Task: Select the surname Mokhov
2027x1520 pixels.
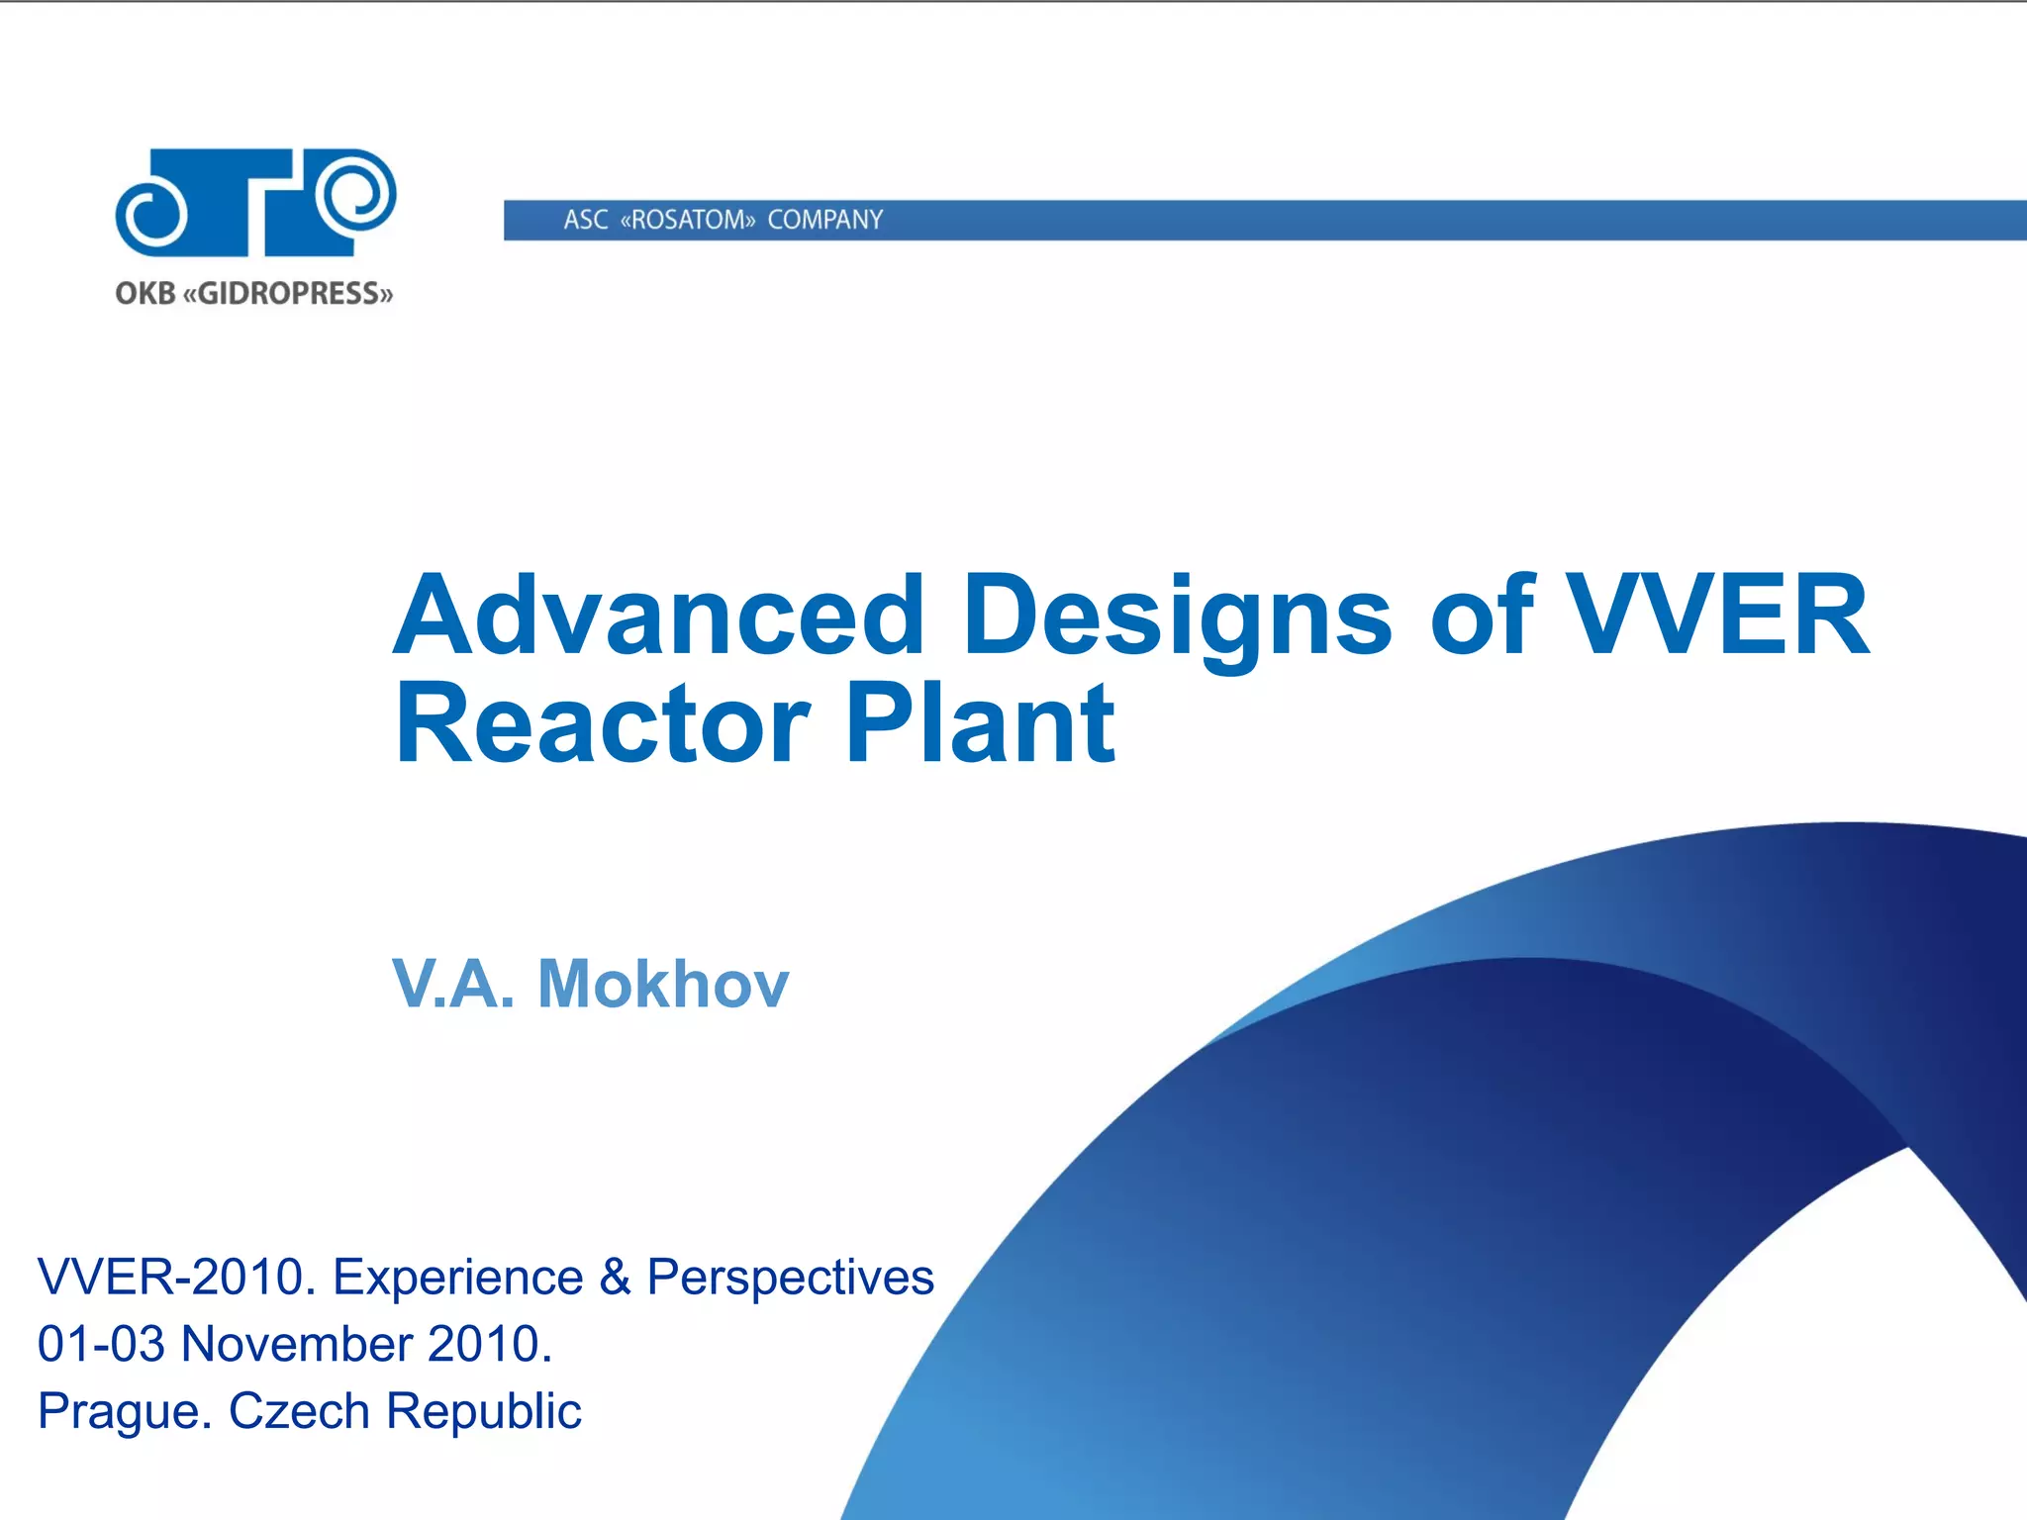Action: tap(663, 985)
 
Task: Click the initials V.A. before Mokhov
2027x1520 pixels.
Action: tap(453, 985)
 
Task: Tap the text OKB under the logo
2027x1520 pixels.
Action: tap(145, 294)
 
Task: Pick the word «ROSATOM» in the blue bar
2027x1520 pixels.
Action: tap(688, 220)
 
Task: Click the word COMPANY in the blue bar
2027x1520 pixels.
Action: tap(824, 220)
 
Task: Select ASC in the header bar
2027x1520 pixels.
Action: tap(586, 220)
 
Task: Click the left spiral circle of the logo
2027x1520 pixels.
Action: tap(151, 212)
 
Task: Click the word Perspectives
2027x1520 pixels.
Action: tap(790, 1277)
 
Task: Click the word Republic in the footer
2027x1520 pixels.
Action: tap(483, 1411)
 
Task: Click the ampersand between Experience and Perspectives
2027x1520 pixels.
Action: tap(615, 1277)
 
